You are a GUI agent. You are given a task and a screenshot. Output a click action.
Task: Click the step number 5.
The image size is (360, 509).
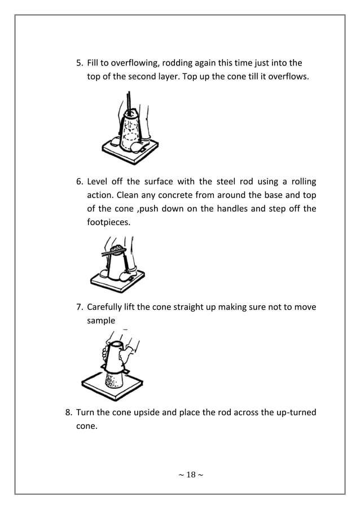click(x=80, y=63)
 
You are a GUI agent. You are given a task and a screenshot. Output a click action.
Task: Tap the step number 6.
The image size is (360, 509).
click(x=80, y=182)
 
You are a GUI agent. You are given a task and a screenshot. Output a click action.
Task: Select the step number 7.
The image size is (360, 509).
click(x=80, y=307)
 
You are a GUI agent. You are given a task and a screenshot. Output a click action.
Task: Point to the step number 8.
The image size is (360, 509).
click(x=69, y=413)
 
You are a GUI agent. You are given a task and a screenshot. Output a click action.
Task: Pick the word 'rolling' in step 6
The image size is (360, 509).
click(x=302, y=182)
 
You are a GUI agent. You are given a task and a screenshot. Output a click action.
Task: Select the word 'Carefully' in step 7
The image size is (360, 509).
click(x=107, y=307)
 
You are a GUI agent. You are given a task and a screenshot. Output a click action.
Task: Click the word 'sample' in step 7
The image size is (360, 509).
click(x=101, y=321)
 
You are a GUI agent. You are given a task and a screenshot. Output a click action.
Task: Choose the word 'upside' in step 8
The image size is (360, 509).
click(x=149, y=413)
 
